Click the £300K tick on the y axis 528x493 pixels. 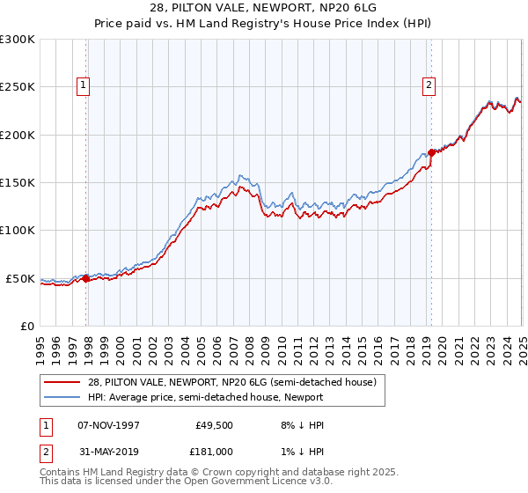pyautogui.click(x=17, y=40)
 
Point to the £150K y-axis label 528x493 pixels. pyautogui.click(x=17, y=183)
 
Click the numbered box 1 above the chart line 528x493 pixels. pyautogui.click(x=82, y=85)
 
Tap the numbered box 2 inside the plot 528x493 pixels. pyautogui.click(x=429, y=85)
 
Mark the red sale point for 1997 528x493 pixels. pyautogui.click(x=86, y=278)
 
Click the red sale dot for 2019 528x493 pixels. pyautogui.click(x=431, y=152)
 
